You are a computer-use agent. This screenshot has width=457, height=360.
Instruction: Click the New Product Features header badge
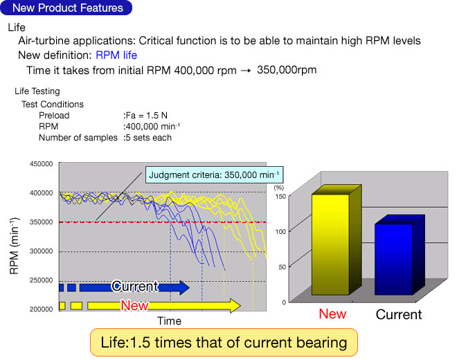68,8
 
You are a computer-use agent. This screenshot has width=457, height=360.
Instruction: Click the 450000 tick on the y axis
42,164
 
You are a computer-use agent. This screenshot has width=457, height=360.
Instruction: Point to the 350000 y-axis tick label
42,222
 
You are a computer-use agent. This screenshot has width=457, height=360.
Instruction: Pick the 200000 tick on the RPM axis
42,309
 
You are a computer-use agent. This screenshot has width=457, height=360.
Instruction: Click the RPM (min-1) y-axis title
15,246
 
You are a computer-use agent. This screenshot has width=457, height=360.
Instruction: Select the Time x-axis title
169,321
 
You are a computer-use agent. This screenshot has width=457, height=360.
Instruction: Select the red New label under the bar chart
332,314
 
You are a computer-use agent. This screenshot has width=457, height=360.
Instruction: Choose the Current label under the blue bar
398,315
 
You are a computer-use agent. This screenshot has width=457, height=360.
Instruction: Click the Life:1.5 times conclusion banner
224,342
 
